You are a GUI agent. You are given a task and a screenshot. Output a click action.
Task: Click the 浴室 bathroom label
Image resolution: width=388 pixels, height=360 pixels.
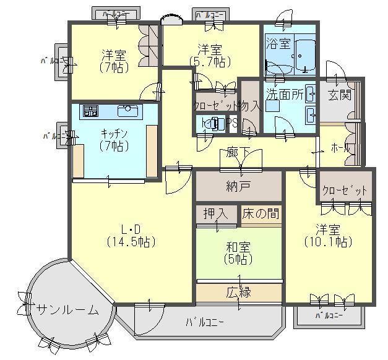pos(278,43)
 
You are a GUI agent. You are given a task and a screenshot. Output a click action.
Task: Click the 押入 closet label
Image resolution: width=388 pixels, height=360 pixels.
pos(216,214)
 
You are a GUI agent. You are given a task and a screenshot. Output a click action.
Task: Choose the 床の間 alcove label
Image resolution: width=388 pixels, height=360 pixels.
pos(259,214)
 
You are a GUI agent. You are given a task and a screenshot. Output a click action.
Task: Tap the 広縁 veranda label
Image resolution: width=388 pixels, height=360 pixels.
pos(238,292)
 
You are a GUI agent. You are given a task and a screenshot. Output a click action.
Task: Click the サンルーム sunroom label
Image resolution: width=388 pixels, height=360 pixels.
pos(67,310)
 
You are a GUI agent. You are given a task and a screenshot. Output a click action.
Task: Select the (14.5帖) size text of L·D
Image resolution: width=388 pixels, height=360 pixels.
pos(131,241)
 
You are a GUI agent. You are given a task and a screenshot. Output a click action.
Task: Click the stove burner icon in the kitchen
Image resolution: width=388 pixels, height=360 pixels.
pos(90,111)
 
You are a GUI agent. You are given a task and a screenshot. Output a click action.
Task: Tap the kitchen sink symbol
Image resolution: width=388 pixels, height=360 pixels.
pos(128,111)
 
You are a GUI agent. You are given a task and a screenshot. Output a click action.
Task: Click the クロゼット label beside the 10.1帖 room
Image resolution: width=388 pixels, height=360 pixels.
pos(345,191)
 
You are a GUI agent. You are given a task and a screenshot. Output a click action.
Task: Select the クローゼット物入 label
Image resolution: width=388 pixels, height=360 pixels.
pos(226,106)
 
